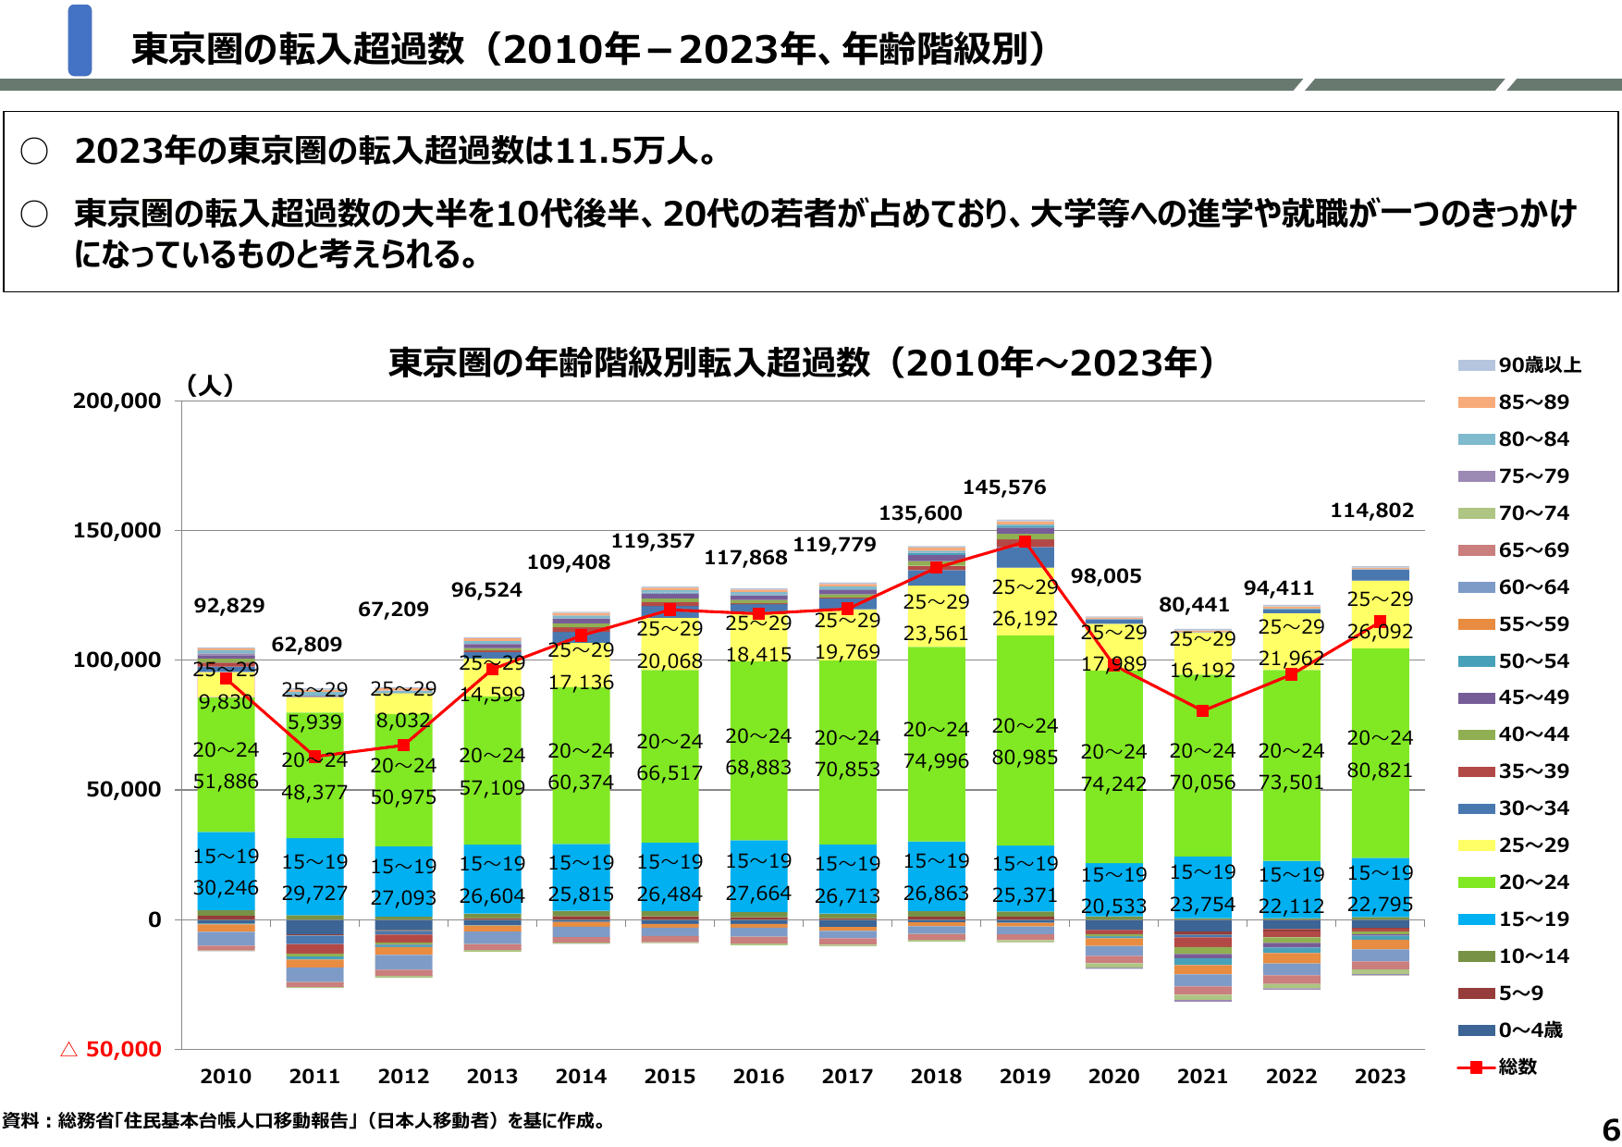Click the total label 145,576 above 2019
coord(1004,487)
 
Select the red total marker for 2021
coord(1202,711)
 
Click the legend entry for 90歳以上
coord(1520,365)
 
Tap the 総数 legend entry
coord(1498,1067)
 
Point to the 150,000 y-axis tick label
coord(117,531)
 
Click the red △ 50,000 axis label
coord(111,1049)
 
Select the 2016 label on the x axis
coord(758,1077)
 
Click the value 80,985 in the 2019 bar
coord(1025,758)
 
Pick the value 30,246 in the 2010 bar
coord(226,888)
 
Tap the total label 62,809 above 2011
coord(306,645)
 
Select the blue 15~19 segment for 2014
coord(581,879)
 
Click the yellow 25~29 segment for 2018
coord(936,617)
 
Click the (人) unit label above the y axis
coord(210,385)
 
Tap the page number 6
coord(1610,1129)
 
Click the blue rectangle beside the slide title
coord(80,41)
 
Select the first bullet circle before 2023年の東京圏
coord(34,151)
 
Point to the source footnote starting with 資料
coord(305,1121)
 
